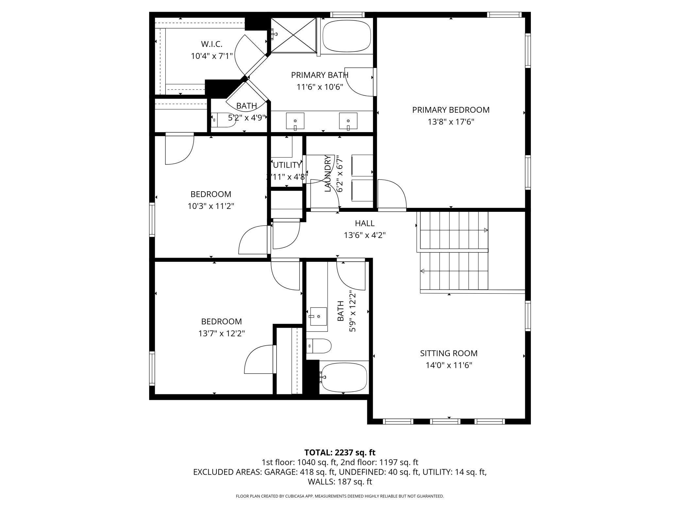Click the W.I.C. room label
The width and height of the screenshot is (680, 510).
pyautogui.click(x=212, y=44)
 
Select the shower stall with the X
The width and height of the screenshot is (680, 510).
pyautogui.click(x=294, y=35)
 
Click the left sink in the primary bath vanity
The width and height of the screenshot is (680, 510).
pyautogui.click(x=295, y=121)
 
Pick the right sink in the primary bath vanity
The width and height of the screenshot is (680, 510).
pyautogui.click(x=348, y=121)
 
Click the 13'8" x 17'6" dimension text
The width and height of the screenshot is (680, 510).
pyautogui.click(x=451, y=122)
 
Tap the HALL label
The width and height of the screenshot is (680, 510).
pyautogui.click(x=365, y=223)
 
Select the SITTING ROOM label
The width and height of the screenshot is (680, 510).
pyautogui.click(x=449, y=353)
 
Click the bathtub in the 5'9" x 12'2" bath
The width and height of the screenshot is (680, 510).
pyautogui.click(x=344, y=377)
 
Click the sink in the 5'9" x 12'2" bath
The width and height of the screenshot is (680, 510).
pyautogui.click(x=318, y=316)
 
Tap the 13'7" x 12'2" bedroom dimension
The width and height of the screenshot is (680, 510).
pyautogui.click(x=221, y=333)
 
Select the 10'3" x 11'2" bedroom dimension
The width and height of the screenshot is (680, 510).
pyautogui.click(x=211, y=206)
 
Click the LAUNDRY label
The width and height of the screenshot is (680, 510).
pyautogui.click(x=328, y=173)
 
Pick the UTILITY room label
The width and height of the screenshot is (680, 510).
pyautogui.click(x=287, y=165)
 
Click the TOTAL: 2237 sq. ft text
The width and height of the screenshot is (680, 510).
pyautogui.click(x=340, y=452)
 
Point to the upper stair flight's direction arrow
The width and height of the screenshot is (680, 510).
pyautogui.click(x=485, y=230)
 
